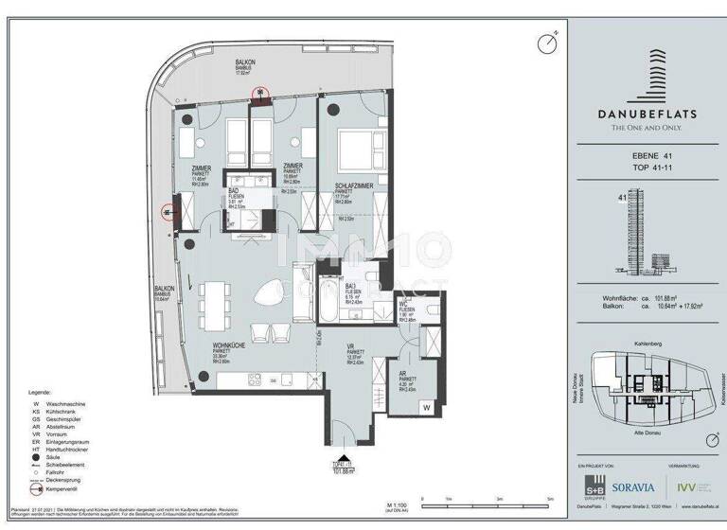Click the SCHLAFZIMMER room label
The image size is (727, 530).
pyautogui.click(x=350, y=186)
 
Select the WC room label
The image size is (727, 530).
pyautogui.click(x=405, y=308)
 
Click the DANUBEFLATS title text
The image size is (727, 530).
pyautogui.click(x=647, y=114)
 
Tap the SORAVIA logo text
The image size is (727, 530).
pyautogui.click(x=633, y=487)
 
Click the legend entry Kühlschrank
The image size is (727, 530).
pyautogui.click(x=63, y=412)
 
